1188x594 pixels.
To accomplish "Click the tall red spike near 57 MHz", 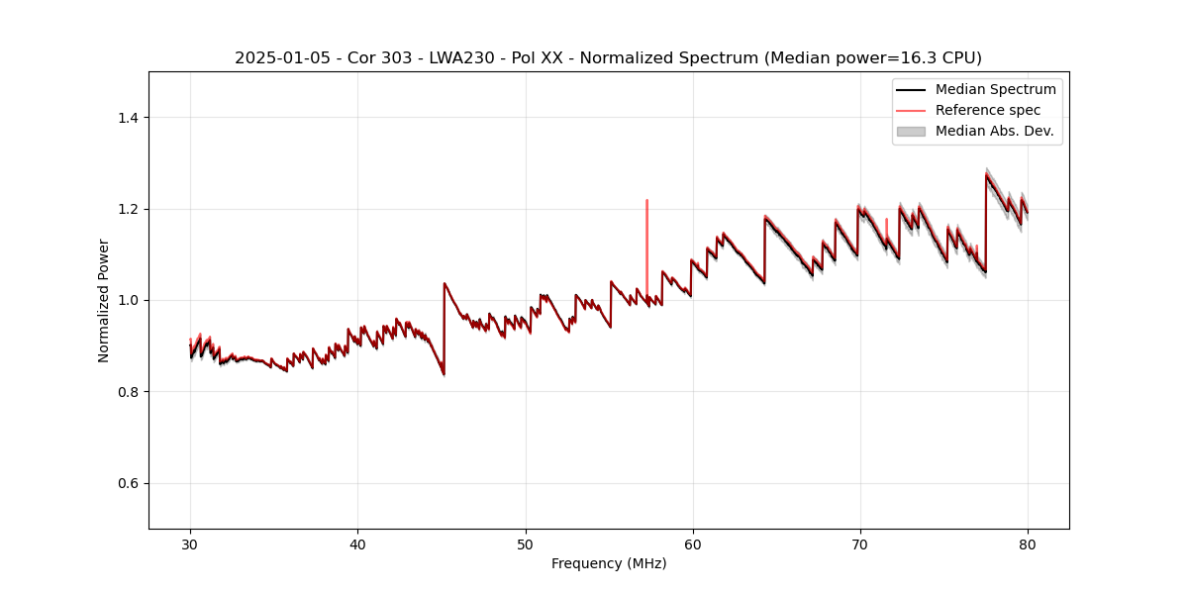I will point(646,202).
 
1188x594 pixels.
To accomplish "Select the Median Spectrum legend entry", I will point(995,89).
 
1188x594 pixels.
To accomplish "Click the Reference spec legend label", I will point(987,110).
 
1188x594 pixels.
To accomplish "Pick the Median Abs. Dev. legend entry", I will point(994,131).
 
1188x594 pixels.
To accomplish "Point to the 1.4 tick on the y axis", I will point(127,118).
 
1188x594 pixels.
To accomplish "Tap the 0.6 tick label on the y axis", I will point(127,483).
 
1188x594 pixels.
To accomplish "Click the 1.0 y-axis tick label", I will point(127,300).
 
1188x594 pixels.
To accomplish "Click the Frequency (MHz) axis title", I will point(609,563).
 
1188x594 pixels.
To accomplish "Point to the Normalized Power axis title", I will point(104,300).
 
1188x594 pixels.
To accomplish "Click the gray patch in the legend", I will point(910,131).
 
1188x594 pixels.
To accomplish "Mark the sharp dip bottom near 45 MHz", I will point(444,374).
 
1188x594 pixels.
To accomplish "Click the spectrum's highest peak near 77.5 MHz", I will point(986,174).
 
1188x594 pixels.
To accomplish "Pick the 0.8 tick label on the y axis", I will point(127,392).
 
